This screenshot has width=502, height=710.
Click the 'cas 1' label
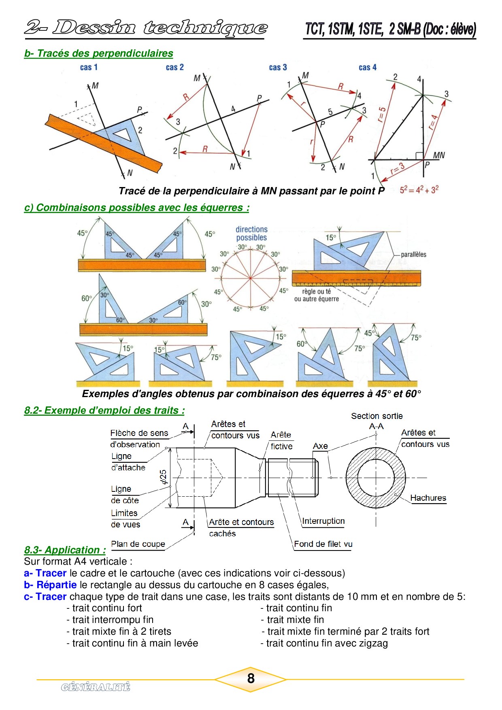pyautogui.click(x=89, y=67)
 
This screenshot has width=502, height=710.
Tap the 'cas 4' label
pyautogui.click(x=368, y=68)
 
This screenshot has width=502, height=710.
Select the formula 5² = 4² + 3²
pyautogui.click(x=419, y=190)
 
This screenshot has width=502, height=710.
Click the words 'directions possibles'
pyautogui.click(x=251, y=234)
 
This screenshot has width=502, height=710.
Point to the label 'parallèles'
pyautogui.click(x=413, y=255)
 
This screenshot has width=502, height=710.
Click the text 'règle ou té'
pyautogui.click(x=317, y=291)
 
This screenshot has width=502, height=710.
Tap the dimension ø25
pyautogui.click(x=164, y=477)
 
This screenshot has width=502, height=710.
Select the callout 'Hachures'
pyautogui.click(x=428, y=498)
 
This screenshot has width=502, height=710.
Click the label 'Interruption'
pyautogui.click(x=323, y=521)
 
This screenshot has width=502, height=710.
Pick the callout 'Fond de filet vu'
pyautogui.click(x=323, y=544)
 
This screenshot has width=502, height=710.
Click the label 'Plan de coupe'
pyautogui.click(x=138, y=544)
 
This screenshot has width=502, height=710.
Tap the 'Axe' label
pyautogui.click(x=320, y=446)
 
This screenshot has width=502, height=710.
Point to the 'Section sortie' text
pyautogui.click(x=376, y=416)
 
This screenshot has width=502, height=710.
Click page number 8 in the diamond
pyautogui.click(x=251, y=679)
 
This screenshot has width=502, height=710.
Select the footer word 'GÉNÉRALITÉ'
pyautogui.click(x=96, y=687)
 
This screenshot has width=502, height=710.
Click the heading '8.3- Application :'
pyautogui.click(x=65, y=550)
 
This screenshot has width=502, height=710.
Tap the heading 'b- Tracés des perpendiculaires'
pyautogui.click(x=98, y=53)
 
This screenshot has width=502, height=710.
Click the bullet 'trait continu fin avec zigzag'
pyautogui.click(x=327, y=643)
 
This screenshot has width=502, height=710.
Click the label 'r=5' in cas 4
pyautogui.click(x=382, y=115)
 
